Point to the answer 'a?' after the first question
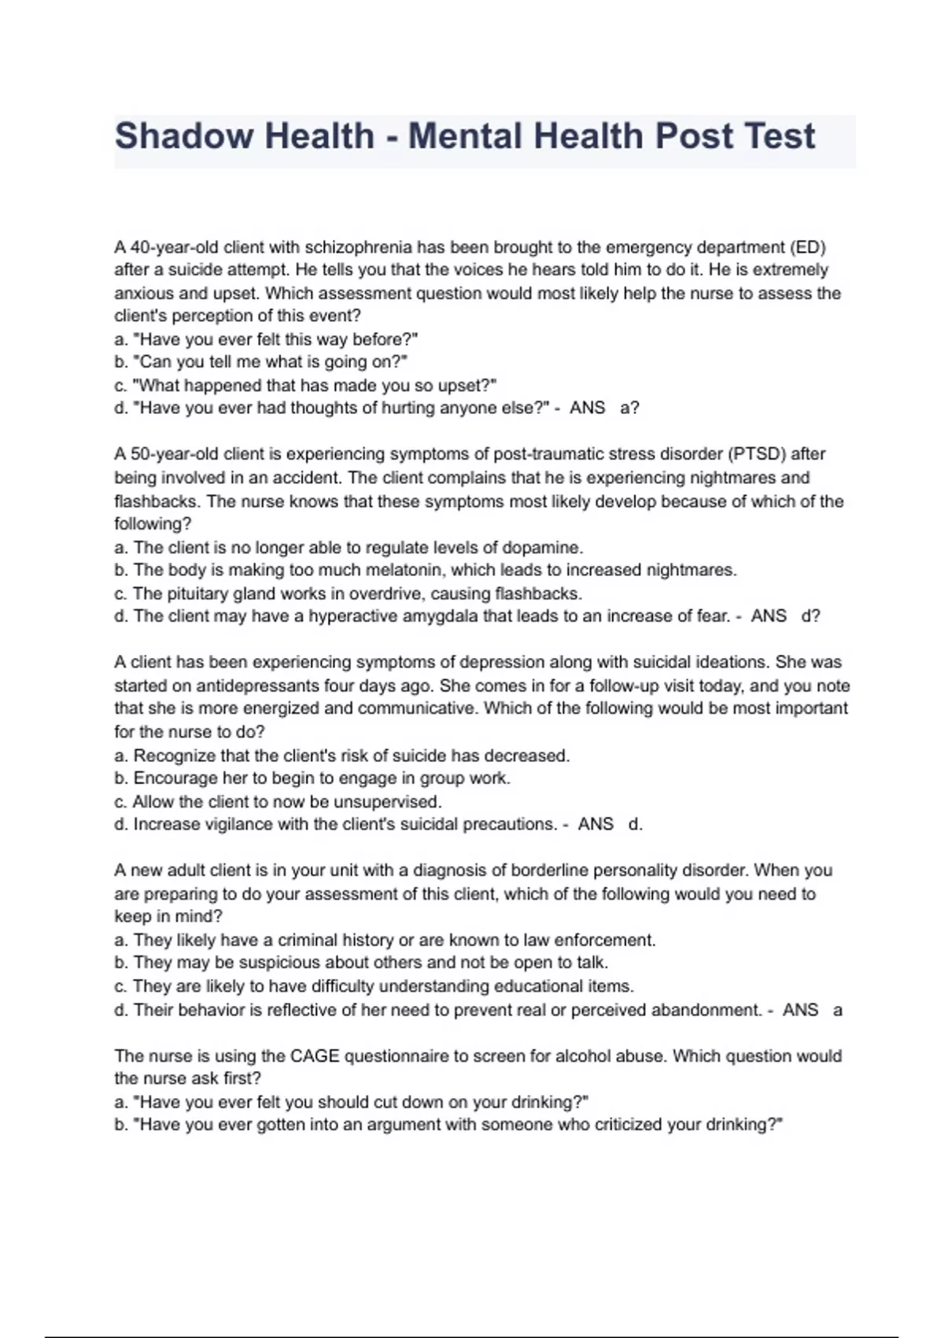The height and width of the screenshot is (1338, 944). (x=629, y=408)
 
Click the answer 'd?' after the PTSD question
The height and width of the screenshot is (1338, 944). (x=810, y=616)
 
